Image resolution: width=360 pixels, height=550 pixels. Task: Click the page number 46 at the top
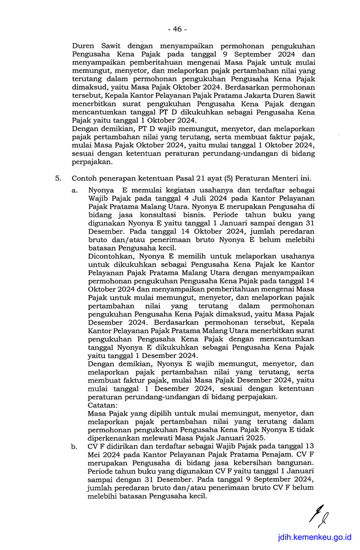click(x=178, y=29)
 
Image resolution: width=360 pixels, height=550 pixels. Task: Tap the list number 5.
click(x=57, y=178)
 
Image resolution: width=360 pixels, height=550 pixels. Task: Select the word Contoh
click(x=85, y=178)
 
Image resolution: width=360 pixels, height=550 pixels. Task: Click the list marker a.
click(x=74, y=190)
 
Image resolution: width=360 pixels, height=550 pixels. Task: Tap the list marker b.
click(x=74, y=447)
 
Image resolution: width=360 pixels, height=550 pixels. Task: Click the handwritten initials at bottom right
click(x=319, y=515)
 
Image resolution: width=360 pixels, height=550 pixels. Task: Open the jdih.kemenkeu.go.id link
click(x=314, y=537)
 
